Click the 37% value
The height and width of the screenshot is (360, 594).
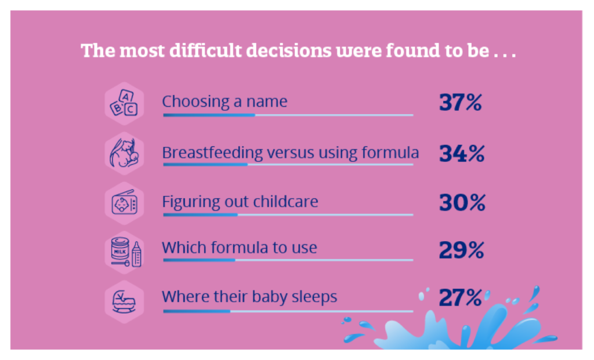click(460, 102)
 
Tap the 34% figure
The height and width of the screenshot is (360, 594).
click(462, 153)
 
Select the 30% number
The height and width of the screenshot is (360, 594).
click(462, 202)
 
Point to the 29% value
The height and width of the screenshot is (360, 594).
click(461, 250)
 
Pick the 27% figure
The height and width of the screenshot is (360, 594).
click(460, 297)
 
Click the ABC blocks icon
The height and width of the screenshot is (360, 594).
click(124, 103)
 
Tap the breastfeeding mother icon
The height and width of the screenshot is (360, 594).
click(124, 153)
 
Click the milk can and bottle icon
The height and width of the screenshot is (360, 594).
click(126, 252)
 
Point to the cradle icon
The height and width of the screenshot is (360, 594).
click(124, 301)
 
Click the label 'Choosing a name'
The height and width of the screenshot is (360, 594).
click(224, 102)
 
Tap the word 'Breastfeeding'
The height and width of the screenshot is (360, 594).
click(212, 152)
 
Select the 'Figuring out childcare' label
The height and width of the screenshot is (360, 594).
click(240, 202)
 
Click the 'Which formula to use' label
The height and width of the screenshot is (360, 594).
click(240, 248)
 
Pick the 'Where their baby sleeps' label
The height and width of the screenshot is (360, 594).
click(249, 297)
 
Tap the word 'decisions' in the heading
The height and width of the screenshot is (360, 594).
click(289, 50)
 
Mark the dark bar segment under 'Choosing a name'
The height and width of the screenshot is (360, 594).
click(209, 115)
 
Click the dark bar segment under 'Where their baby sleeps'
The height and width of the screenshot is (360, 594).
click(197, 311)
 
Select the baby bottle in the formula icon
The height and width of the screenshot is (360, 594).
click(137, 254)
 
